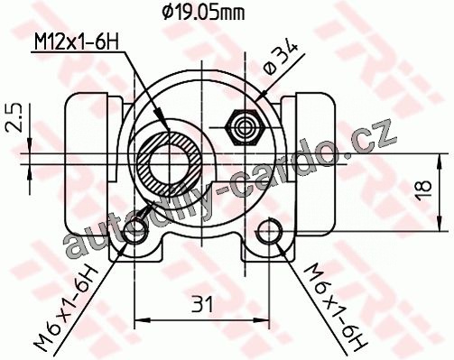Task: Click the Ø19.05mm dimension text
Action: tap(203, 13)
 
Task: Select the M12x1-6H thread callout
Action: tap(76, 42)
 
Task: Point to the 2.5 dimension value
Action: tap(14, 117)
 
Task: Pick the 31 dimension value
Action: tap(202, 304)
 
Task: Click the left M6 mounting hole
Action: tap(135, 232)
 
